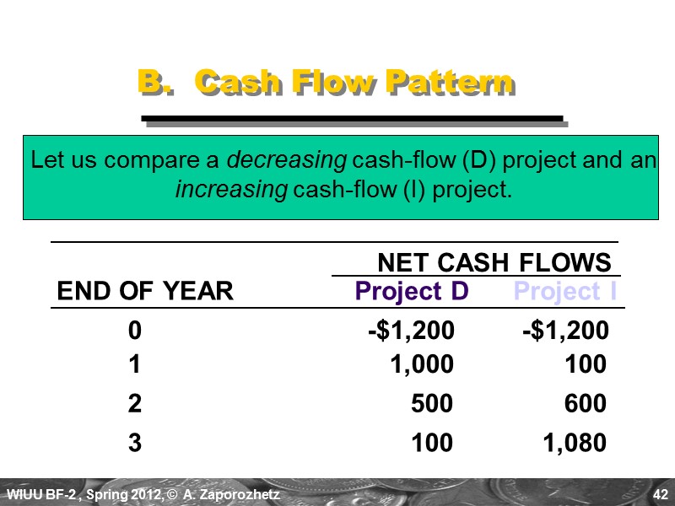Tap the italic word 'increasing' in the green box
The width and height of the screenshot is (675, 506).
tap(230, 190)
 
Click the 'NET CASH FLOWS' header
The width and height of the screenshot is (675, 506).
tap(494, 261)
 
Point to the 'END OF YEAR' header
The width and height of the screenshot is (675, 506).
tap(144, 292)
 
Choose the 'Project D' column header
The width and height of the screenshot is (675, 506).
tap(412, 292)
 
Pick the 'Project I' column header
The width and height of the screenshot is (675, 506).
tap(564, 292)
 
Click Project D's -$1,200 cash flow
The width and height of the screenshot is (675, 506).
tap(411, 331)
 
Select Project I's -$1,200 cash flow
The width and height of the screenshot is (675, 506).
tap(565, 331)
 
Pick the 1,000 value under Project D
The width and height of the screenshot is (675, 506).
tap(421, 364)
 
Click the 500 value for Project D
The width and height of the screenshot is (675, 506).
tap(433, 404)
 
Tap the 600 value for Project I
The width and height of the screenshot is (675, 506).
tap(586, 404)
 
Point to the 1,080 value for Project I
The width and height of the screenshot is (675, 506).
tap(574, 442)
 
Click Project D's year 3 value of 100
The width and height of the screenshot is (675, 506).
tap(433, 442)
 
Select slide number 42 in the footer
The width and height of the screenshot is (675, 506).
tap(661, 493)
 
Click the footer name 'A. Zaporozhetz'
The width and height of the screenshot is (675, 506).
tap(240, 493)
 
